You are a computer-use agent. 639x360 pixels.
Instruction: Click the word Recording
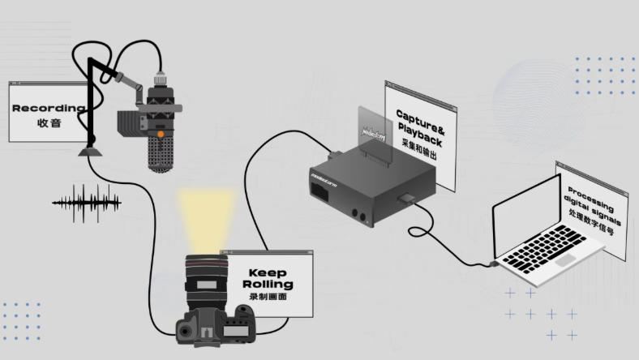[48, 108]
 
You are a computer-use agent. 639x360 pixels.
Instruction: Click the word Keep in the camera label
[268, 273]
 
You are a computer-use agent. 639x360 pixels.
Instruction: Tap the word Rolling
[268, 285]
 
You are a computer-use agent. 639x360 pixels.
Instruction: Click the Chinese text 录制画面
[268, 297]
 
